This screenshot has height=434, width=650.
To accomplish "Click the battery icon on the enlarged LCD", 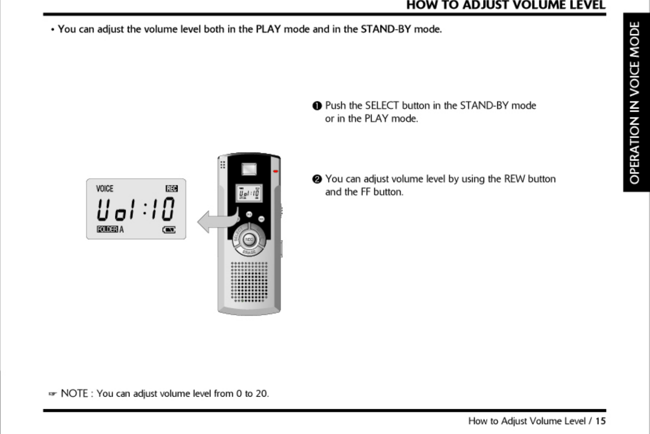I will point(169,230).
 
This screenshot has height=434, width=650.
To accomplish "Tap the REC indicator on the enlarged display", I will point(172,189).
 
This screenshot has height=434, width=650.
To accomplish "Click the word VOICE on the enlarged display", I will point(104,189).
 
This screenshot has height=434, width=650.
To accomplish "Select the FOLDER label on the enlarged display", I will point(107,229).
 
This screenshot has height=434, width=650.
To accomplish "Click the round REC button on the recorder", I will point(249,239).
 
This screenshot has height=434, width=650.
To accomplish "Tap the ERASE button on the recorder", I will point(249,252).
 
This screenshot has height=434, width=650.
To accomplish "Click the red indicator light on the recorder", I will point(276,171).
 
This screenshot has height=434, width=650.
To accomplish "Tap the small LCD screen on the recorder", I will point(249,193).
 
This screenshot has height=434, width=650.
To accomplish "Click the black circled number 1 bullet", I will point(317,106).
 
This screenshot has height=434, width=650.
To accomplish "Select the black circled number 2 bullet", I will point(317,179).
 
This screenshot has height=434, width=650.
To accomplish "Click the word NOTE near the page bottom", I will point(74,393).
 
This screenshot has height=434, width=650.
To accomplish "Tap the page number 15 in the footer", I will point(600,421).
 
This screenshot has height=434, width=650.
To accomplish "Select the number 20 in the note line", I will point(261,393).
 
